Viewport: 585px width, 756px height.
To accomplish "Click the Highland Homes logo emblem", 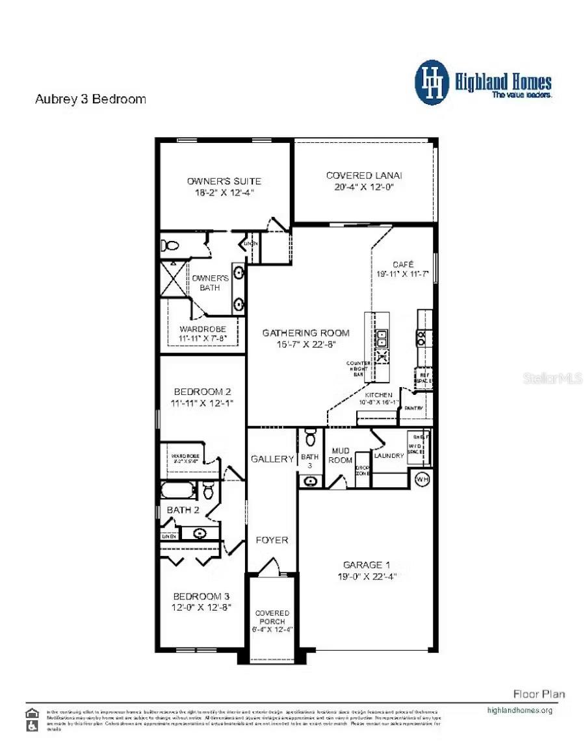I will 432,82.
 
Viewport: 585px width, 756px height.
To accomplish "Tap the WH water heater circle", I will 422,479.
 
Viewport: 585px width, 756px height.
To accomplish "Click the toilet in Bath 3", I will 310,438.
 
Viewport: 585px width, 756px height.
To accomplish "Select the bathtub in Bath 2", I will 177,490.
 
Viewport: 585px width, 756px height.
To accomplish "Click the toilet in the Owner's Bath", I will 172,246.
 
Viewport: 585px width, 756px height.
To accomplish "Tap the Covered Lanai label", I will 364,175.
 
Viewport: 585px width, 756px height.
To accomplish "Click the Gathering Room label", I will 305,333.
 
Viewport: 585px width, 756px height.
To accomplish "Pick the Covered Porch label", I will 272,618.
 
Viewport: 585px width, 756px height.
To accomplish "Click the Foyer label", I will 272,540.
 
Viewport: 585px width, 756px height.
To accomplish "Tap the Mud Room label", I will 341,455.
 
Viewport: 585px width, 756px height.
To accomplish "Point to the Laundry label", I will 389,456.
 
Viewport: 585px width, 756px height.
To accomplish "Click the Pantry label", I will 414,409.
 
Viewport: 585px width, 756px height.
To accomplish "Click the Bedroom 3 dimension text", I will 201,607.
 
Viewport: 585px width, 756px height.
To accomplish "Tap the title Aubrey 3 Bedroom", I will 90,99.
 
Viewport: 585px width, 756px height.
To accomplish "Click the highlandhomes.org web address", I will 519,711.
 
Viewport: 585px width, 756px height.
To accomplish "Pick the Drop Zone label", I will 362,470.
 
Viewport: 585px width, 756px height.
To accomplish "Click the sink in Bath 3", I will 311,481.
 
